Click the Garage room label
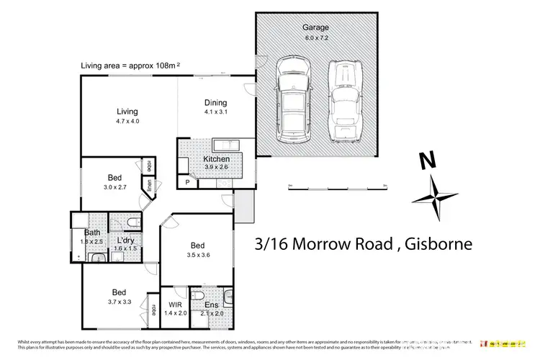[x=315, y=28]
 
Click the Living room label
[x=127, y=112]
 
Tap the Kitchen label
[x=216, y=158]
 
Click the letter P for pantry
[x=187, y=183]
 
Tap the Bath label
[x=92, y=233]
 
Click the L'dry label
[x=127, y=239]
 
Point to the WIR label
[x=175, y=305]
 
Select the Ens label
[x=212, y=305]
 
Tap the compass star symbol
[x=436, y=197]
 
